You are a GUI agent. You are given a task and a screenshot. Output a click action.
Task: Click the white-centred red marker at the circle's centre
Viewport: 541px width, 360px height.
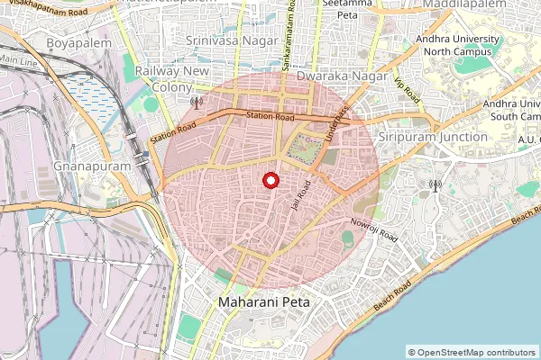tap(270, 181)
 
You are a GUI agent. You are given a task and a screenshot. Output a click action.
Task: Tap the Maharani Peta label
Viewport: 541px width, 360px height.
tap(263, 303)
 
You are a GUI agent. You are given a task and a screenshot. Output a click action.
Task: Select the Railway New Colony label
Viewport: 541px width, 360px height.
tap(171, 79)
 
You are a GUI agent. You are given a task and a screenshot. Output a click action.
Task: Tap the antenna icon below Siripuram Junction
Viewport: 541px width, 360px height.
tap(435, 186)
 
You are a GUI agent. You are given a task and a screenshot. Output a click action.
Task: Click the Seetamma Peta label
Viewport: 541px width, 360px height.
tap(342, 10)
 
